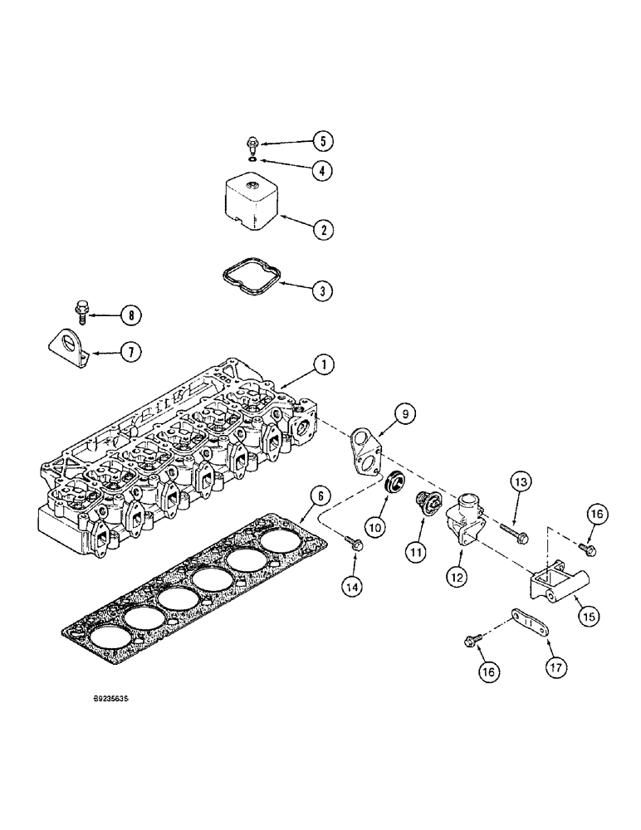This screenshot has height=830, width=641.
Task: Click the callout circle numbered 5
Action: (x=323, y=140)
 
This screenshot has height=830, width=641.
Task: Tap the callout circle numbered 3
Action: (x=323, y=290)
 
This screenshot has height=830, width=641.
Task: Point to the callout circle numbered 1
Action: (x=325, y=363)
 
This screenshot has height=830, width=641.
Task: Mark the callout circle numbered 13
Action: (x=519, y=481)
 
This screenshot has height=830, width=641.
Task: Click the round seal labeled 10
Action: (x=392, y=483)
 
